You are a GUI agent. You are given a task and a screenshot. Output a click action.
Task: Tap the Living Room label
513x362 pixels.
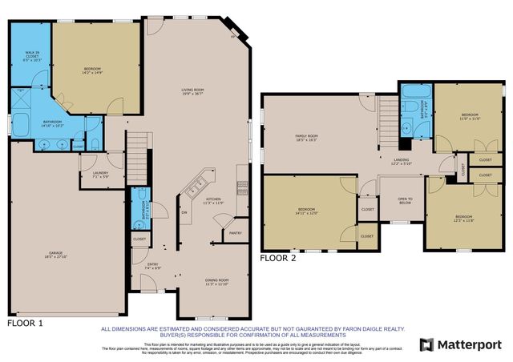pos(192,93)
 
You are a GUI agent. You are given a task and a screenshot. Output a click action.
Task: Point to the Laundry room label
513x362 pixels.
pos(100,175)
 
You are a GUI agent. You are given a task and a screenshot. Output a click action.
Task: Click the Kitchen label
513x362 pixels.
pos(213,200)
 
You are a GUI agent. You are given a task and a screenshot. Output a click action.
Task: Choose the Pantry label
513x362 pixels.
pos(235,233)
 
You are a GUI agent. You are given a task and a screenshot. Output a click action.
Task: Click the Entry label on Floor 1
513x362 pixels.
pos(156,266)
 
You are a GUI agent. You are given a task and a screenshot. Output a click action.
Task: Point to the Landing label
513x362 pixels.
pos(402,162)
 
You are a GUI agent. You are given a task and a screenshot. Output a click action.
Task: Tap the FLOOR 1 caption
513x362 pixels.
pos(25,322)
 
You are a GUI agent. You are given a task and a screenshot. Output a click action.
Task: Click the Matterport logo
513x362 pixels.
pos(460,344)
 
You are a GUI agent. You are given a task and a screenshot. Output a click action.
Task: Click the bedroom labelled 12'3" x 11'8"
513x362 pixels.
pos(464,219)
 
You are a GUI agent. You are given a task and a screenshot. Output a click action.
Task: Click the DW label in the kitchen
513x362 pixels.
pos(184,212)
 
